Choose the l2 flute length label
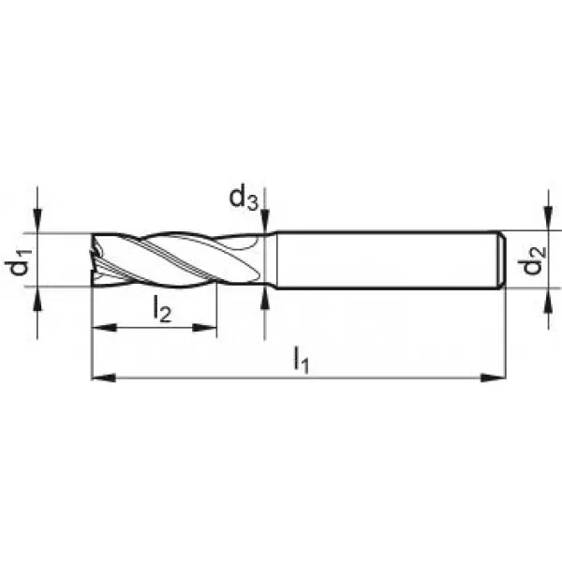click(x=161, y=310)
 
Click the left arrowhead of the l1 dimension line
click(x=98, y=377)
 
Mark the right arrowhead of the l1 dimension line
click(x=498, y=377)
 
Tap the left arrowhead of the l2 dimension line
click(x=98, y=328)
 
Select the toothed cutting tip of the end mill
click(x=100, y=259)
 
